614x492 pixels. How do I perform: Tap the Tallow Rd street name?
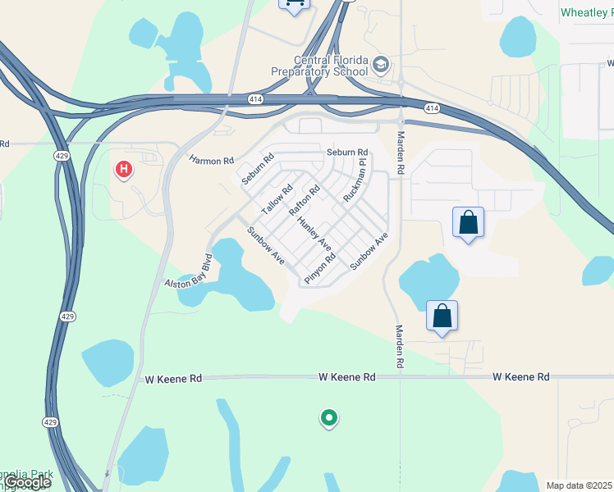point(277,201)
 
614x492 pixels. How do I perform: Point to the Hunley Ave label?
point(314,235)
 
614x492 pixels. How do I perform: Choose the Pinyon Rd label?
point(320,269)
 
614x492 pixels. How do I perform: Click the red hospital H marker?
point(124,170)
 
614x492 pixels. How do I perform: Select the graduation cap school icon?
point(380,64)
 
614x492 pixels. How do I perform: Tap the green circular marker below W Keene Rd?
point(328,418)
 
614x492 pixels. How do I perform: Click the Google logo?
point(26,482)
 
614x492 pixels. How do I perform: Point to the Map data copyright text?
point(579,485)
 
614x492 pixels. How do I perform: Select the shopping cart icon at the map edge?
point(294,5)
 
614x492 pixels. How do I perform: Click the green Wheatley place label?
point(586,12)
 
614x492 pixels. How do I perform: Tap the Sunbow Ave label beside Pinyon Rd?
point(368,252)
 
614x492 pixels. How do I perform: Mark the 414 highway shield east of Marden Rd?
point(432,108)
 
